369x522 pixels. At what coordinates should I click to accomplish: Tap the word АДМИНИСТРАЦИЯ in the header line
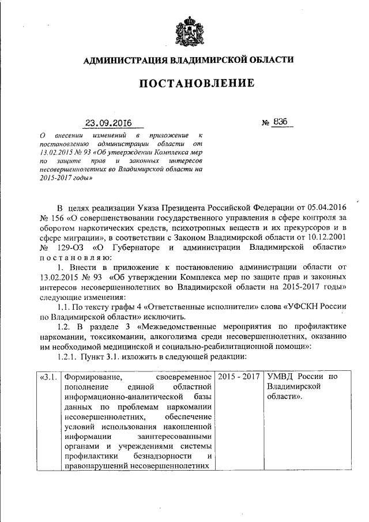coord(121,59)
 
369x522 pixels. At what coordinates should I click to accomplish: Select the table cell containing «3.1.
coord(48,377)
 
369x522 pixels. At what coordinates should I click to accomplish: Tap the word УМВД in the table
coord(280,377)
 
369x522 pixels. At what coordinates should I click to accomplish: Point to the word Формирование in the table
coord(91,377)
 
